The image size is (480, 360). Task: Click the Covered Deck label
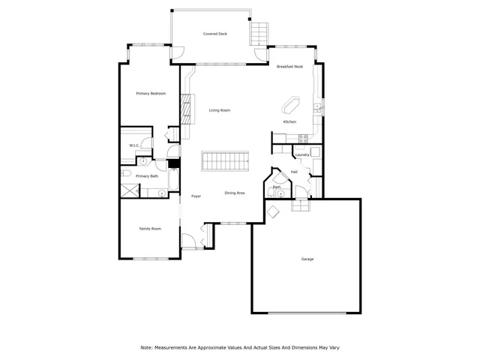tap(215, 34)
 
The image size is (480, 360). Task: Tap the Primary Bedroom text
tap(150, 93)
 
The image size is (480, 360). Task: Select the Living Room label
tap(219, 110)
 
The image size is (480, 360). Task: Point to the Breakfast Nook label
tap(289, 67)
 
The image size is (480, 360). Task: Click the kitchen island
tap(290, 103)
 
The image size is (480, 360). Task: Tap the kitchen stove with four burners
tap(303, 138)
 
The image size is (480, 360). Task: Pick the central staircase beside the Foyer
tap(225, 161)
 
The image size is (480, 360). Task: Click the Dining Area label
tap(235, 193)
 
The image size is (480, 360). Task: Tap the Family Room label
tap(150, 228)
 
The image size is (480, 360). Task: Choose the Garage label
tap(307, 259)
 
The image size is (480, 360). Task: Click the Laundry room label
tap(302, 154)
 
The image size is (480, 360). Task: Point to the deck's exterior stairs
tap(259, 33)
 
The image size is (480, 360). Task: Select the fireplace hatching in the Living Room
tap(184, 108)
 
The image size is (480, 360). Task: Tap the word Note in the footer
tap(146, 347)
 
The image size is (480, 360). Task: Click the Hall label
tap(295, 172)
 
